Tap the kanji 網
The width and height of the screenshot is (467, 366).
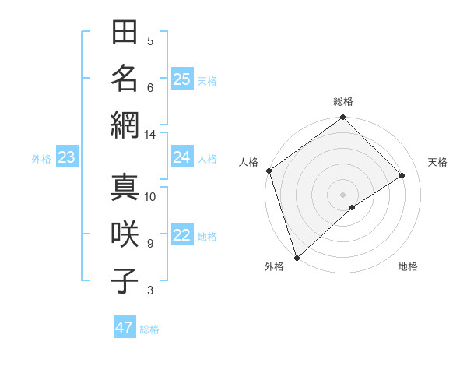pyautogui.click(x=124, y=124)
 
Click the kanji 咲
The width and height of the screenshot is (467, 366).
pyautogui.click(x=124, y=234)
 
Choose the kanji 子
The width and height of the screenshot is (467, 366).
pyautogui.click(x=124, y=280)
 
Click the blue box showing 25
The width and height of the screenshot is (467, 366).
pyautogui.click(x=182, y=79)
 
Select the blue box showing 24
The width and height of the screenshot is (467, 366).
pyautogui.click(x=182, y=157)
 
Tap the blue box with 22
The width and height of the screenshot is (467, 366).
pyautogui.click(x=182, y=235)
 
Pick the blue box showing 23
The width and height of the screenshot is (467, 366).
pyautogui.click(x=67, y=157)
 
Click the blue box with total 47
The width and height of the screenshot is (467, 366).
pyautogui.click(x=125, y=328)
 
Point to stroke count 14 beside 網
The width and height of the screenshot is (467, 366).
pyautogui.click(x=149, y=135)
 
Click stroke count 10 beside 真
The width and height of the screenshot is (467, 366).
pyautogui.click(x=149, y=196)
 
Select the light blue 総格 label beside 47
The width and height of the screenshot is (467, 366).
pyautogui.click(x=149, y=329)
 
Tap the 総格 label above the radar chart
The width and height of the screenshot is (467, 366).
pyautogui.click(x=342, y=101)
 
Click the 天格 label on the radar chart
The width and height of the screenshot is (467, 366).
pyautogui.click(x=437, y=162)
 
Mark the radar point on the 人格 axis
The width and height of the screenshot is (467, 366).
pyautogui.click(x=269, y=171)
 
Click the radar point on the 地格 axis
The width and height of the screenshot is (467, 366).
pyautogui.click(x=353, y=207)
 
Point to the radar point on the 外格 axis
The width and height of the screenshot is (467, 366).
pyautogui.click(x=297, y=257)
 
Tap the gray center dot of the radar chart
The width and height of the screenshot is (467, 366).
pyautogui.click(x=342, y=194)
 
